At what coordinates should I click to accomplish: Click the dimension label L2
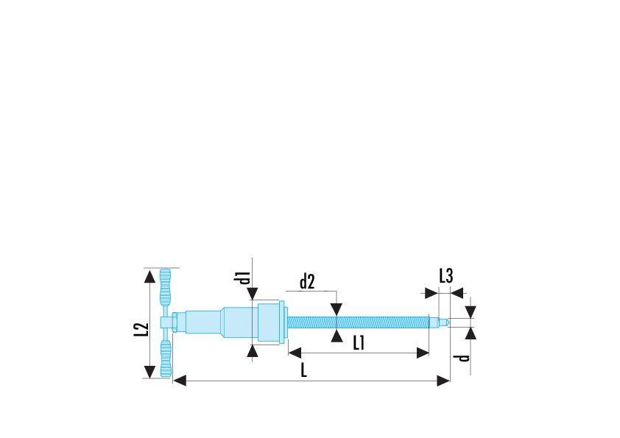pos(142,331)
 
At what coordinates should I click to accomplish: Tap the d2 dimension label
pos(307,281)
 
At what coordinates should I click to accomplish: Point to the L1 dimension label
pos(359,342)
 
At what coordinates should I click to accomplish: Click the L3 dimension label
pos(445,276)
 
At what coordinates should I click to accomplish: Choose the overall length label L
pos(303,370)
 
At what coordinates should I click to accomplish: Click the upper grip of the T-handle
pos(166,288)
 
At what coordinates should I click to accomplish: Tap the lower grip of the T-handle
pos(166,357)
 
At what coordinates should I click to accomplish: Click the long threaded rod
pos(357,322)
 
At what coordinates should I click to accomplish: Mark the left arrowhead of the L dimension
pos(179,381)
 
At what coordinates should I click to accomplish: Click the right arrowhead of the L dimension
pos(443,381)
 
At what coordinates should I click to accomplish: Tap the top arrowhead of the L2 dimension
pos(149,276)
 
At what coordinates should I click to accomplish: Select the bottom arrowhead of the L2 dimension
pos(149,370)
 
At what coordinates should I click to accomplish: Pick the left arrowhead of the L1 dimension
pos(293,353)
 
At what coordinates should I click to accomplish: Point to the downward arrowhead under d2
pos(336,311)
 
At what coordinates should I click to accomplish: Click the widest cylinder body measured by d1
pos(267,322)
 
